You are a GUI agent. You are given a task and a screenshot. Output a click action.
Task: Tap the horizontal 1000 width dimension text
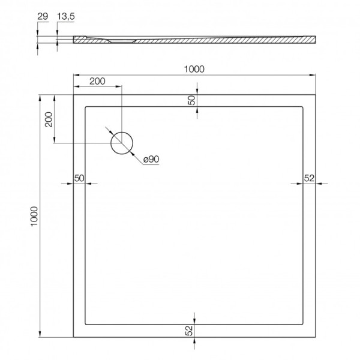point(195,69)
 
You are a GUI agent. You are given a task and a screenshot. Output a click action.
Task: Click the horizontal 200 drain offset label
point(98,81)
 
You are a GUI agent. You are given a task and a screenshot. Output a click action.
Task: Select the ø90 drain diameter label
point(150,159)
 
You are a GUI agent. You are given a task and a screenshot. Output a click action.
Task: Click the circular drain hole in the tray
point(122,143)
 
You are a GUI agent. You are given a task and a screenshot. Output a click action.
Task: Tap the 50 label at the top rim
point(191,100)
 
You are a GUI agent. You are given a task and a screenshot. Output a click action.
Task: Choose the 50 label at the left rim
point(79,178)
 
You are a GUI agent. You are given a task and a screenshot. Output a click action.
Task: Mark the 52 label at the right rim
point(310,178)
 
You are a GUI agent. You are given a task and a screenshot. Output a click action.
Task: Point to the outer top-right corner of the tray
point(316,93)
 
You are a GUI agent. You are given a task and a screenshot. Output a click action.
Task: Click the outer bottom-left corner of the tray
point(73,336)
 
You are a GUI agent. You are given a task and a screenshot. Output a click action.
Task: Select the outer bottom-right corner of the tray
point(316,336)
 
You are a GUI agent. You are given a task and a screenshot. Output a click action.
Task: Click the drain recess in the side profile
point(123,41)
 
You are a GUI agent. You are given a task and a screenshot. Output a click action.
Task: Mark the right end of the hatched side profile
point(314,40)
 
